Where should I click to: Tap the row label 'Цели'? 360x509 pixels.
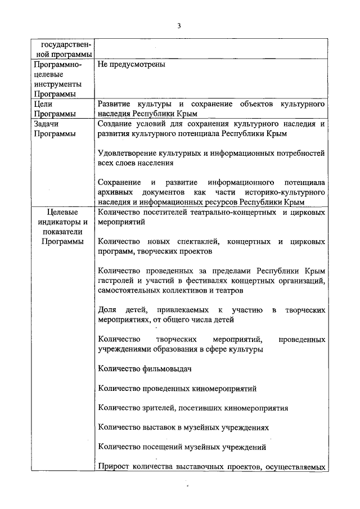(x=43, y=104)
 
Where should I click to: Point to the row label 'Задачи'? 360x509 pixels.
(x=46, y=124)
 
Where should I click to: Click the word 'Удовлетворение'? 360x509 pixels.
(x=125, y=153)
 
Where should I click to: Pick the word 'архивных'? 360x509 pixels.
(x=113, y=192)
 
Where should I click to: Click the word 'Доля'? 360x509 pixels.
(x=106, y=310)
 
